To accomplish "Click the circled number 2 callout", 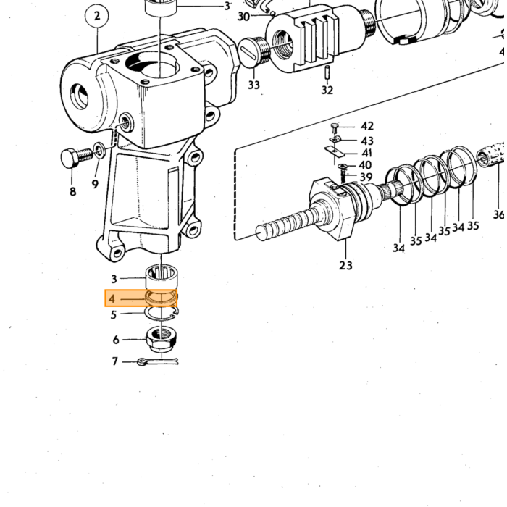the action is pyautogui.click(x=97, y=16).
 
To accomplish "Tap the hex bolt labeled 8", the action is pyautogui.click(x=76, y=157).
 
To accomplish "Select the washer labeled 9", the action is pyautogui.click(x=99, y=150).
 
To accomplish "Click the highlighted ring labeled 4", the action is pyautogui.click(x=162, y=298).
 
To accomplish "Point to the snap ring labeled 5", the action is pyautogui.click(x=162, y=314).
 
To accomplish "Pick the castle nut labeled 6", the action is pyautogui.click(x=162, y=339).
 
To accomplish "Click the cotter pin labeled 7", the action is pyautogui.click(x=158, y=361).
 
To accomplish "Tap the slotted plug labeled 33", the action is pyautogui.click(x=255, y=51).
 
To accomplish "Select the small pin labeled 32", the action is pyautogui.click(x=327, y=72).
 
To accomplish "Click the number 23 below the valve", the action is pyautogui.click(x=345, y=265).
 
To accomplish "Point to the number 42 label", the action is pyautogui.click(x=367, y=126).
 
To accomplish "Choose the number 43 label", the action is pyautogui.click(x=367, y=141).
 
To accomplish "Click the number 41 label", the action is pyautogui.click(x=366, y=153).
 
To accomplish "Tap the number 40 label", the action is pyautogui.click(x=365, y=165).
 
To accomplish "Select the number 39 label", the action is pyautogui.click(x=366, y=177).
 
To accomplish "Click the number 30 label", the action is pyautogui.click(x=244, y=17).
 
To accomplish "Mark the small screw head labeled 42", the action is pyautogui.click(x=335, y=126).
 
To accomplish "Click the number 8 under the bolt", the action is pyautogui.click(x=72, y=191).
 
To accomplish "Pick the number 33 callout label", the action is pyautogui.click(x=253, y=85).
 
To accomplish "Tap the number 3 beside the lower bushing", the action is pyautogui.click(x=114, y=279).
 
